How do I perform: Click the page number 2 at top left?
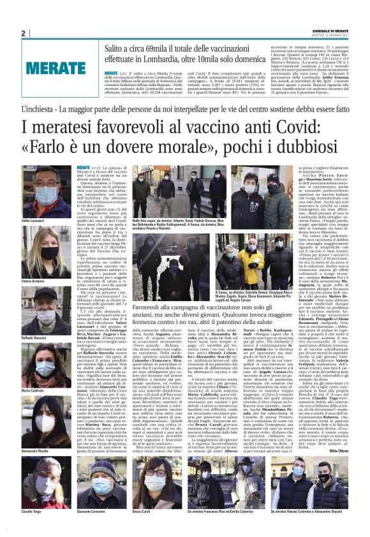click(x=23, y=33)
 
